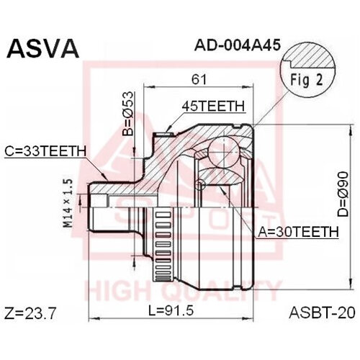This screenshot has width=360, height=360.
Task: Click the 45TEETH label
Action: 212,106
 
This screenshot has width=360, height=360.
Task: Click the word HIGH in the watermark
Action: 115,292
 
